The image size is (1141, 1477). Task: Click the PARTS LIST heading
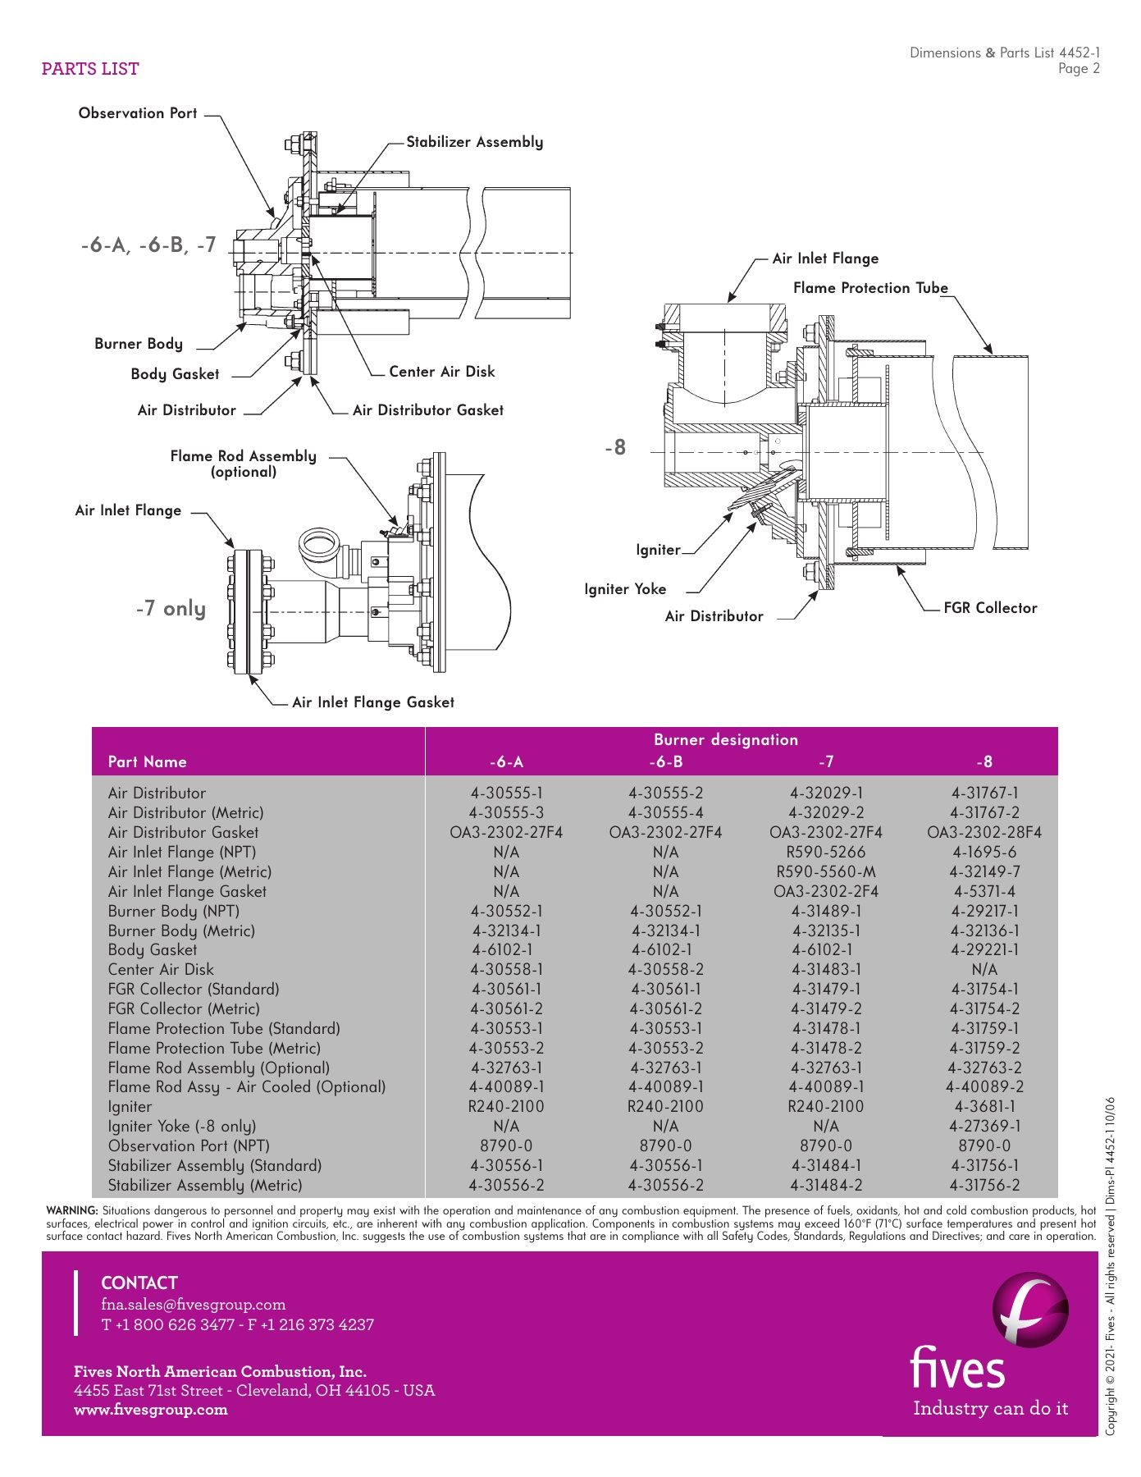coord(90,69)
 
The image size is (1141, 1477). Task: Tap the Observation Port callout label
coord(138,113)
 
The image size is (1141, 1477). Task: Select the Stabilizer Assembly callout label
coord(474,142)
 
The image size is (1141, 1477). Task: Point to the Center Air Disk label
coord(441,372)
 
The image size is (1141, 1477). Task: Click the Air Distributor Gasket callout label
coord(427,410)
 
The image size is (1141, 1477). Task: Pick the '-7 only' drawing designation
coord(171,609)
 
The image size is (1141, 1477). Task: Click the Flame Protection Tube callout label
coord(869,288)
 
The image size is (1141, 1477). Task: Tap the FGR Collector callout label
coord(989,608)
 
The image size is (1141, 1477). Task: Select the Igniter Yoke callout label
coord(625,589)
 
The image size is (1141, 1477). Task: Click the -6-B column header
coord(665,762)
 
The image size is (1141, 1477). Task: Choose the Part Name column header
coord(148,762)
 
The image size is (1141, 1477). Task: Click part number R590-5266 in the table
coord(825,853)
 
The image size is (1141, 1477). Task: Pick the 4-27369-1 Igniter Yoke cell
coord(984,1127)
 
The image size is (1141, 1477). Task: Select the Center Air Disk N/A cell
coord(984,970)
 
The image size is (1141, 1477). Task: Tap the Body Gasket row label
coord(153,950)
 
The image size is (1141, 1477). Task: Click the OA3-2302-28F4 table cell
coord(984,833)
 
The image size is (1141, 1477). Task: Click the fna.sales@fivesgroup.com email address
coord(194,1305)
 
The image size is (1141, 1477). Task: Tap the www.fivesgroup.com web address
coord(151,1410)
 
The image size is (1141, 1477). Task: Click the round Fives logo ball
coord(1030,1310)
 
